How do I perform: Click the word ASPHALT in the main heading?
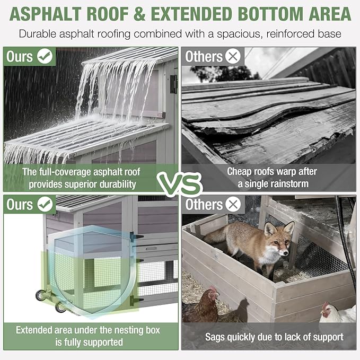click(x=46, y=14)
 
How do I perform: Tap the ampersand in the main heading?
click(x=139, y=14)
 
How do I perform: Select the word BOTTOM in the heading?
click(x=270, y=14)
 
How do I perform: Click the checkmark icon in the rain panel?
click(x=45, y=56)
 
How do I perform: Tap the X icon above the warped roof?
click(x=233, y=56)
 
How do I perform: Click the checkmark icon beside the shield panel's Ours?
click(x=45, y=204)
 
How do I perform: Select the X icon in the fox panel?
click(x=233, y=204)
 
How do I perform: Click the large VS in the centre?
click(x=180, y=184)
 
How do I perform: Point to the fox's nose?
click(x=285, y=253)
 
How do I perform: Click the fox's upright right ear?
click(x=289, y=229)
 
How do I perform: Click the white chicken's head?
click(x=326, y=310)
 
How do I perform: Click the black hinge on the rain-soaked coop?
click(x=173, y=84)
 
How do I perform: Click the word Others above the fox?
click(x=204, y=204)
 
